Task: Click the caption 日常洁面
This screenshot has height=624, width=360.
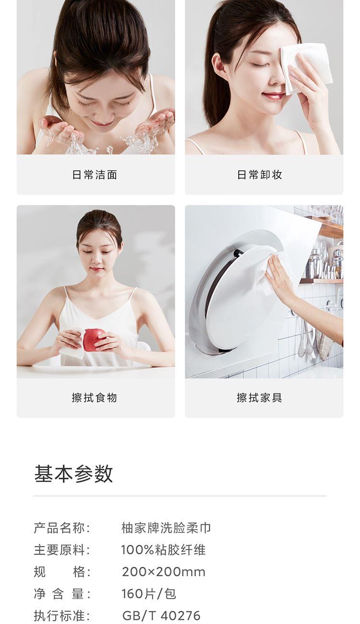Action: coord(95,175)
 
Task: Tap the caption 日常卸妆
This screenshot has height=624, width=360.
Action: coord(259,175)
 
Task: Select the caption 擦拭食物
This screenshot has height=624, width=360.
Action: coord(95,397)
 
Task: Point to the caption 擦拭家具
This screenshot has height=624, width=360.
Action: coord(259,397)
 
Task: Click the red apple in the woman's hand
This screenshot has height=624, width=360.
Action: coord(93,339)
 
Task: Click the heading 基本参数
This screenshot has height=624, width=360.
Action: coord(73,473)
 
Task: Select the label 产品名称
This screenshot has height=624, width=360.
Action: coord(62,528)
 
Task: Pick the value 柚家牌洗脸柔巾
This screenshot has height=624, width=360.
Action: coord(166,528)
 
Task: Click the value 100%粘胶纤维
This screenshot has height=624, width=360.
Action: coord(163,550)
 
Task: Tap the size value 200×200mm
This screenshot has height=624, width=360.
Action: coord(164,572)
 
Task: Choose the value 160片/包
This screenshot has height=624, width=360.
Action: coord(149,594)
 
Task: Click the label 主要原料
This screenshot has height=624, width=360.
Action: coord(62,550)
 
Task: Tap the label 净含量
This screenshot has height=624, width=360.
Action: coord(62,594)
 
